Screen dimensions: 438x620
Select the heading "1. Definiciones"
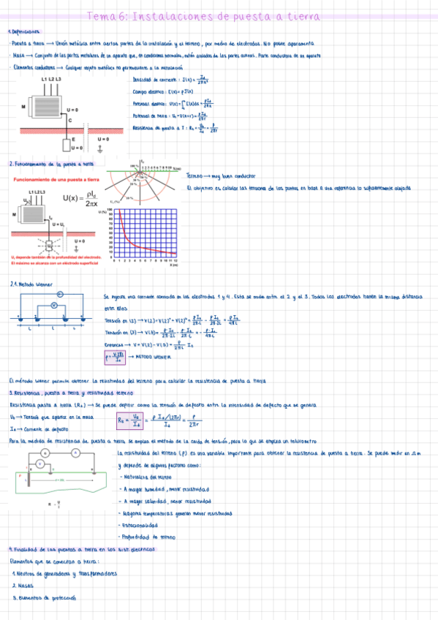tap(25, 32)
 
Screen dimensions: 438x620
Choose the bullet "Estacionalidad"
tap(144, 525)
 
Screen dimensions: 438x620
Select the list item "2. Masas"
tap(24, 586)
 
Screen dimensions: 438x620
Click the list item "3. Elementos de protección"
tap(44, 597)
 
